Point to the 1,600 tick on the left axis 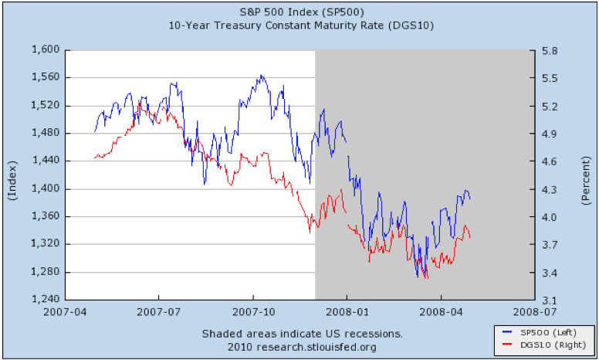46,49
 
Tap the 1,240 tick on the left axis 46,300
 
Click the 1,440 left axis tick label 46,161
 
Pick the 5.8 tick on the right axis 549,50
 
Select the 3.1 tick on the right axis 549,301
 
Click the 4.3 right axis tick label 549,189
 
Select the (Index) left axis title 12,182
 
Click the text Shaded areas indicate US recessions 302,334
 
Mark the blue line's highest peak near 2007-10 262,76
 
